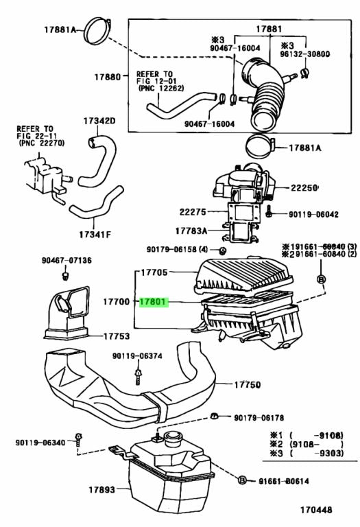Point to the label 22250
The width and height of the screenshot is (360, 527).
(x=307, y=187)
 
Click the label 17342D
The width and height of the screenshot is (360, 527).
(x=99, y=121)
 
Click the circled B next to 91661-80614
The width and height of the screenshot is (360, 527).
(x=242, y=480)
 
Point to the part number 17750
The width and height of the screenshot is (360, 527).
(x=246, y=386)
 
